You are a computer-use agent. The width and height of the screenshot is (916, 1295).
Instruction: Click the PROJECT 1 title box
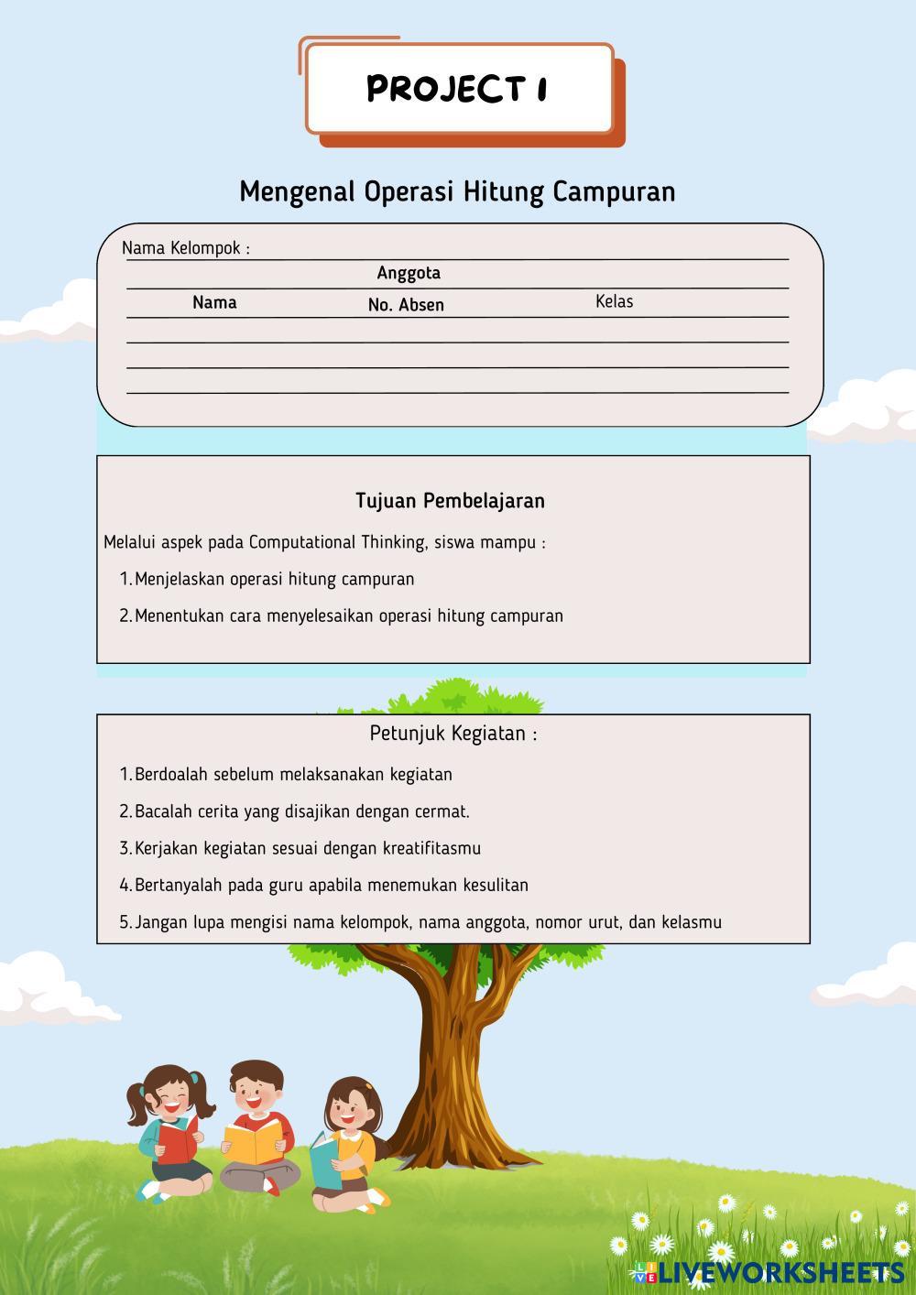459,89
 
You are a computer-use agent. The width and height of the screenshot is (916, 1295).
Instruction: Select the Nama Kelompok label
186,248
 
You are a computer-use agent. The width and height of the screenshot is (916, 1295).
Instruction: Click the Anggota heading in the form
409,273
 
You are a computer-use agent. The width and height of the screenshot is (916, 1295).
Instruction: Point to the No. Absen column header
406,305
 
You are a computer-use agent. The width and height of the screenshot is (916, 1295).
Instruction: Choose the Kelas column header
614,301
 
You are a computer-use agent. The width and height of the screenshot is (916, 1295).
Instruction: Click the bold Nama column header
214,302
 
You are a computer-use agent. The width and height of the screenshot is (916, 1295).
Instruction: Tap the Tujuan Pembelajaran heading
450,501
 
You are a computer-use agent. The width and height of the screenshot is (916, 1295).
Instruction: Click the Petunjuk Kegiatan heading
453,734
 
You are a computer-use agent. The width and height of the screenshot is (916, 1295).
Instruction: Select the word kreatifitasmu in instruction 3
431,848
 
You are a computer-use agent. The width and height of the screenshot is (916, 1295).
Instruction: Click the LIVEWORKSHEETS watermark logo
768,1272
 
